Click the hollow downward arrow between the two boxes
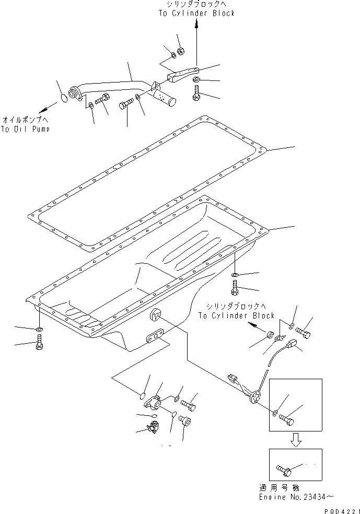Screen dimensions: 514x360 pyautogui.click(x=295, y=439)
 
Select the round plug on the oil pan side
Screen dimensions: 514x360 pyautogui.click(x=156, y=315)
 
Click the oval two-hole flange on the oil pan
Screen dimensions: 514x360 pyautogui.click(x=155, y=336)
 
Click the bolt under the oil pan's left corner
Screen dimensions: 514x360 pyautogui.click(x=40, y=345)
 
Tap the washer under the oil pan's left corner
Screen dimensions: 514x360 pyautogui.click(x=40, y=330)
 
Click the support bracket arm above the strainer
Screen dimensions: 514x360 pyautogui.click(x=183, y=75)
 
